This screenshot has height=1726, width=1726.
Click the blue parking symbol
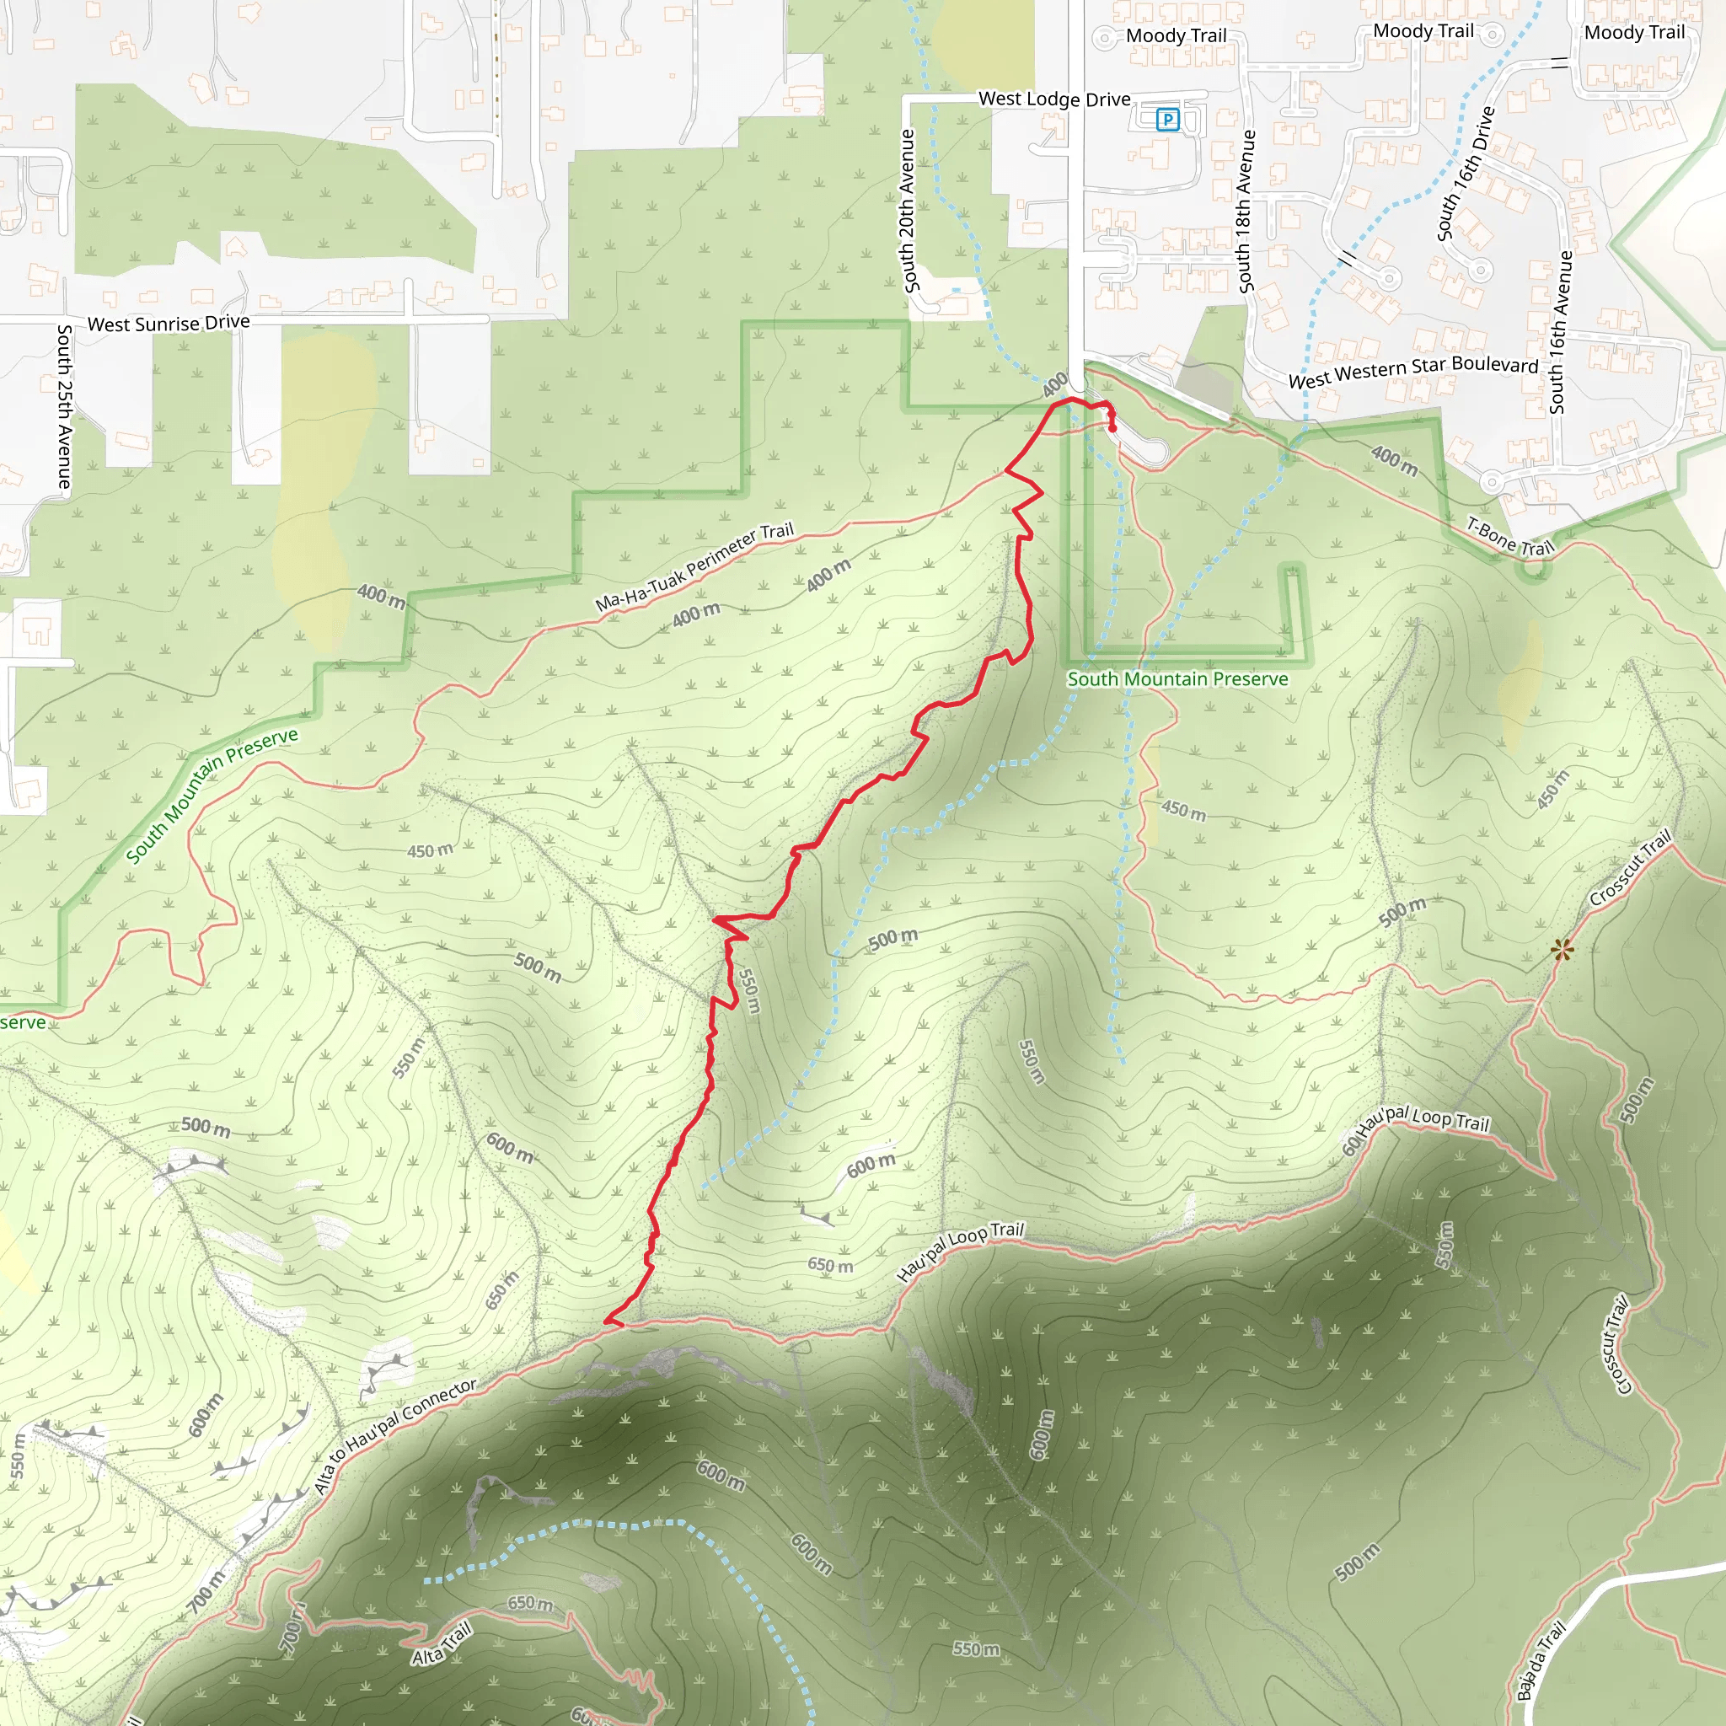[x=1166, y=119]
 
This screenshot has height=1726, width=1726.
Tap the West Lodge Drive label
[x=1054, y=99]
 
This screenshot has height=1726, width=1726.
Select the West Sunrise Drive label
[x=168, y=323]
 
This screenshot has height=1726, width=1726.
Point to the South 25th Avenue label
[x=64, y=406]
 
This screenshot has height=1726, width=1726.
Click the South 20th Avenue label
[x=909, y=211]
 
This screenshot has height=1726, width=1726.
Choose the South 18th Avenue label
[x=1246, y=211]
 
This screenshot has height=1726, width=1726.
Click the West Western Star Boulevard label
[x=1412, y=370]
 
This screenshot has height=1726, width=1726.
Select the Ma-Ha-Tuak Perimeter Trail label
[x=694, y=566]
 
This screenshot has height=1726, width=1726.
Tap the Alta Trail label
[x=442, y=1643]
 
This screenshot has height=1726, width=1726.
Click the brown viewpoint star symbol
[x=1562, y=950]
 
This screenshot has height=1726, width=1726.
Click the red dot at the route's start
[x=1112, y=428]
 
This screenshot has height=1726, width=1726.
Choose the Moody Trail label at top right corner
[x=1634, y=33]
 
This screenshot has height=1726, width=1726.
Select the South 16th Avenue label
[x=1559, y=332]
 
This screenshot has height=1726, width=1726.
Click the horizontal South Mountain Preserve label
[x=1177, y=679]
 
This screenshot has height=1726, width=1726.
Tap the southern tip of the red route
[x=607, y=1321]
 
